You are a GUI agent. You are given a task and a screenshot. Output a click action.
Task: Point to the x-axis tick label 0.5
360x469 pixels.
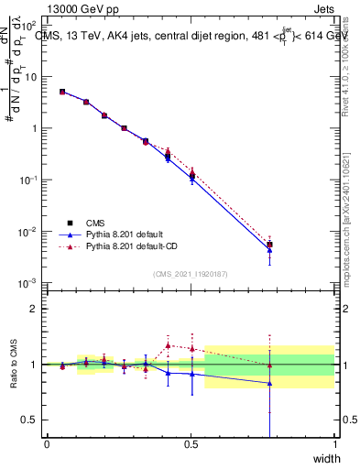click(191, 444)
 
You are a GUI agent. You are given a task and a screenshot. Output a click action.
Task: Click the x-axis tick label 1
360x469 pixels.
click(334, 444)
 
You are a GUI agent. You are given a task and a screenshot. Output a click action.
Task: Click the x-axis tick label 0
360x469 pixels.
click(47, 444)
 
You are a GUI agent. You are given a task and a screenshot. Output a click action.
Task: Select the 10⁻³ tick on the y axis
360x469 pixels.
click(30, 283)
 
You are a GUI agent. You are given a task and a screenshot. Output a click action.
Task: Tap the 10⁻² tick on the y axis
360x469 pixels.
click(30, 232)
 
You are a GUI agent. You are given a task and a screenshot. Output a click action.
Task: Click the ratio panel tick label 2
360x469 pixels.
click(34, 309)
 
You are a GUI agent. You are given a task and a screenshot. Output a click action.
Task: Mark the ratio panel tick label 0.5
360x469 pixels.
click(29, 420)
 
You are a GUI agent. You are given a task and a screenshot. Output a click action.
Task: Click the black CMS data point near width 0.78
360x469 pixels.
click(269, 245)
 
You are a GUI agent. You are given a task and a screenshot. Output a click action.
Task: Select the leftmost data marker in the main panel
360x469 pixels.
click(61, 92)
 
